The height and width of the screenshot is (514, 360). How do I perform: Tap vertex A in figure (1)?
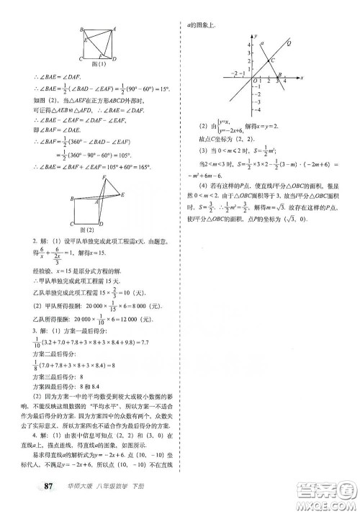114,30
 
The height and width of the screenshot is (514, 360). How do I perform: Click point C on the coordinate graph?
272,63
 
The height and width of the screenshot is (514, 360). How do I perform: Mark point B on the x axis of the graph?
279,74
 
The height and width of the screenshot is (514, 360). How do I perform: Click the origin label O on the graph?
251,81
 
